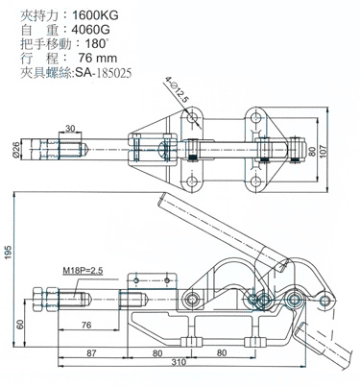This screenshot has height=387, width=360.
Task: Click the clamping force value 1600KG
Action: click(95, 15)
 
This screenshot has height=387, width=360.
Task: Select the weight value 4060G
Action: click(90, 30)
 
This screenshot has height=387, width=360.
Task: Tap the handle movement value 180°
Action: click(95, 44)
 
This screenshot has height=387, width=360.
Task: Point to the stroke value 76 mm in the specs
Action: click(98, 59)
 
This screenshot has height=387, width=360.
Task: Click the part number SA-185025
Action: click(103, 73)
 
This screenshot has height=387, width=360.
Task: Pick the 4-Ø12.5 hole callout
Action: click(176, 90)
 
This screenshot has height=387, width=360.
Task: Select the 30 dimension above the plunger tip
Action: click(70, 129)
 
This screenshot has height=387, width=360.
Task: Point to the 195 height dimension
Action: click(8, 253)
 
